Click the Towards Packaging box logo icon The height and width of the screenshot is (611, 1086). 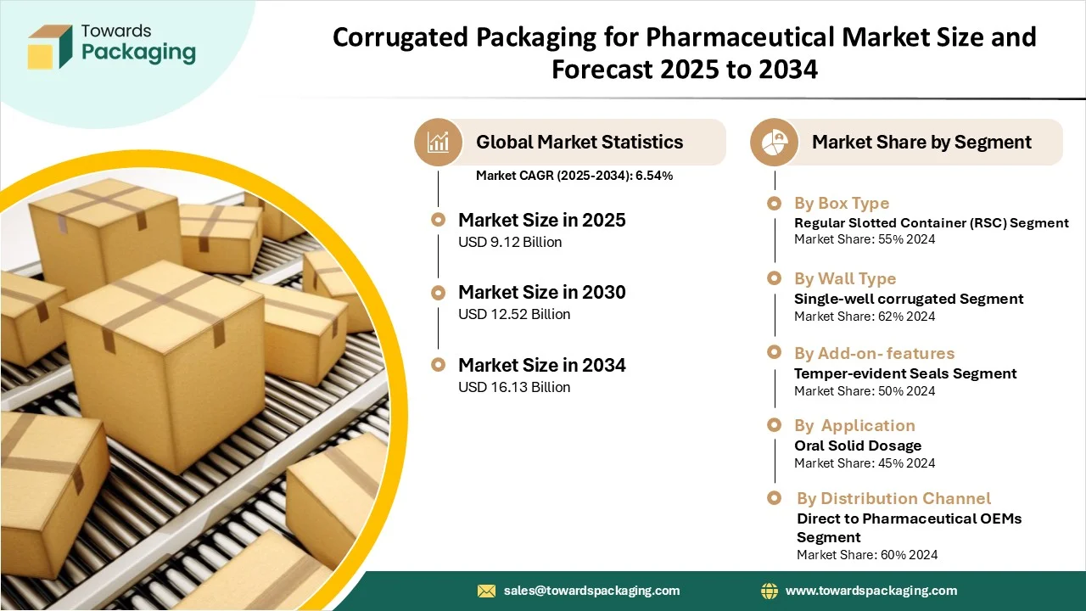coord(50,47)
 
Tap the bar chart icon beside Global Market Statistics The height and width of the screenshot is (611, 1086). coord(438,142)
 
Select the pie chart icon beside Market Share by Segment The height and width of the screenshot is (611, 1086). coord(774,142)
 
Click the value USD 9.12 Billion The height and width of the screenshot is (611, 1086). coord(510,242)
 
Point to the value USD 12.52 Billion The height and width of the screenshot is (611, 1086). coord(514,314)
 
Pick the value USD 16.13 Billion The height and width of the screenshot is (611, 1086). coord(514,387)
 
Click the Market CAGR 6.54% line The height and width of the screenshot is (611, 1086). coord(574,176)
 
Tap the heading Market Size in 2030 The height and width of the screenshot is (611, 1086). coord(542,293)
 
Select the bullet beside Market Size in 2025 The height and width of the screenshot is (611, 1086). coord(438,220)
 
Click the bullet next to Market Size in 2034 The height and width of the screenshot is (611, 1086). coord(438,365)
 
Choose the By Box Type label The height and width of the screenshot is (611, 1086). coord(842,203)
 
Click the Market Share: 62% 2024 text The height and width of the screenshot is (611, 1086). coord(865,317)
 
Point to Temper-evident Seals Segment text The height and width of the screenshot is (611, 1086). coord(905,373)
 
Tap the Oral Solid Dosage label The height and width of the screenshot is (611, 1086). coord(858,446)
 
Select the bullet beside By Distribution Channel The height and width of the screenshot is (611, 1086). coord(775,498)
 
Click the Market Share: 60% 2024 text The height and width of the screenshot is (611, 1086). coord(867,555)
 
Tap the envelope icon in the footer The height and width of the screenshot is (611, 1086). coord(486,591)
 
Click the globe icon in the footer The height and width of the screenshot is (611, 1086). coord(770,591)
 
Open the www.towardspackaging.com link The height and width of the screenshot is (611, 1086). coord(871,591)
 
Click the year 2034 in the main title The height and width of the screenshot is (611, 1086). coord(788,70)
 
